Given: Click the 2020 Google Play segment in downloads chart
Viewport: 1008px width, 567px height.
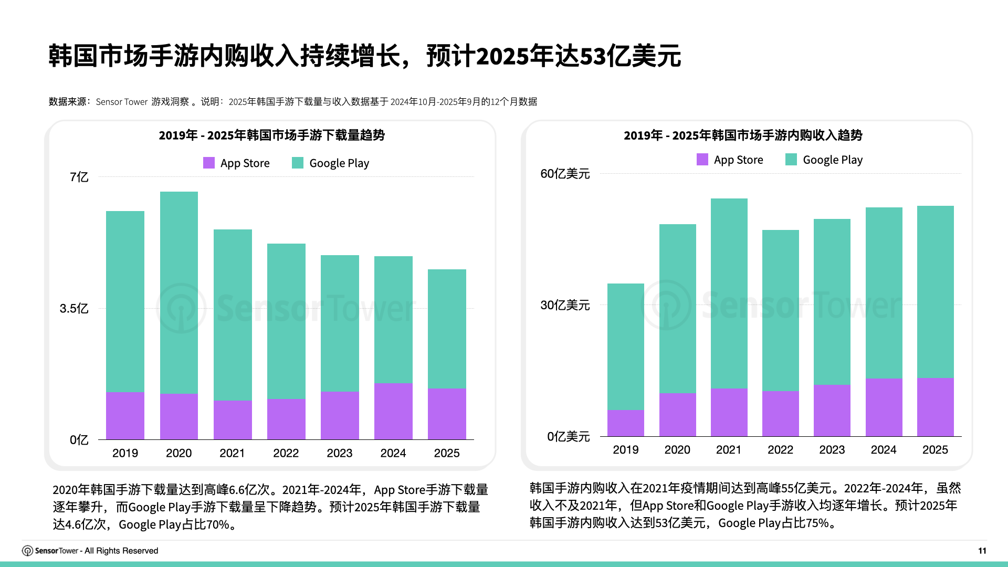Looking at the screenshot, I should pyautogui.click(x=178, y=292).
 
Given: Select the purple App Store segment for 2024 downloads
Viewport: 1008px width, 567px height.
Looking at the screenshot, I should pyautogui.click(x=393, y=411).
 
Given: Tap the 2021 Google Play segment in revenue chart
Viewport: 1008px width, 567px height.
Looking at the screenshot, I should pyautogui.click(x=729, y=293).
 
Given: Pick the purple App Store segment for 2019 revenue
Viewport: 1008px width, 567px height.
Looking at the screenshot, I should pyautogui.click(x=625, y=423).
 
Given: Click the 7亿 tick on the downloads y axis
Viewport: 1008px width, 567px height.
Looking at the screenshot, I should pyautogui.click(x=79, y=177).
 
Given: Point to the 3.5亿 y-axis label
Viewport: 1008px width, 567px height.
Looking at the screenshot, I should pyautogui.click(x=74, y=309).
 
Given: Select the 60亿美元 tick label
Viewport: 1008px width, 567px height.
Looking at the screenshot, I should pyautogui.click(x=565, y=174).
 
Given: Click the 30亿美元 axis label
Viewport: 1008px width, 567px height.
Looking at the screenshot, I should pyautogui.click(x=565, y=305).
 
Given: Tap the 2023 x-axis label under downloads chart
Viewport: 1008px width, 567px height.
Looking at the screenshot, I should pyautogui.click(x=339, y=453).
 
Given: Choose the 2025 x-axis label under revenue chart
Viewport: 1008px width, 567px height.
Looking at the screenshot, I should pyautogui.click(x=935, y=450).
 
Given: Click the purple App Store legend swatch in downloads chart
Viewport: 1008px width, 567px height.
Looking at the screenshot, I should pyautogui.click(x=209, y=163).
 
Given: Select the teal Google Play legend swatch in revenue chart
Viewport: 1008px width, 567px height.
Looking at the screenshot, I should pyautogui.click(x=791, y=160).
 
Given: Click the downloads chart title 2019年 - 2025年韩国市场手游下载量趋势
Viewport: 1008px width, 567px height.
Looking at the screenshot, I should pyautogui.click(x=271, y=135).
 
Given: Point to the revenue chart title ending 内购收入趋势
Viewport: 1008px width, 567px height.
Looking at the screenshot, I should pyautogui.click(x=742, y=135).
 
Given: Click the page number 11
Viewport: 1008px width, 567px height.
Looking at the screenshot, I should pyautogui.click(x=982, y=551).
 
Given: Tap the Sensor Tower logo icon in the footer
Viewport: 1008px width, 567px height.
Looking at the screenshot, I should pyautogui.click(x=27, y=551).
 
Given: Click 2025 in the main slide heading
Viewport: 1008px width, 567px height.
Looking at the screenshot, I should pyautogui.click(x=502, y=56).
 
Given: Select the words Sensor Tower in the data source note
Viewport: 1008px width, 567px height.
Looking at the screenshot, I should pyautogui.click(x=121, y=102).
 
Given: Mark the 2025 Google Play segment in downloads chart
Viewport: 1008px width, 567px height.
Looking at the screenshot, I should pyautogui.click(x=447, y=329).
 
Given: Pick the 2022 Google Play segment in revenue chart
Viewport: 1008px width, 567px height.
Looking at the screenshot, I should pyautogui.click(x=780, y=310).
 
